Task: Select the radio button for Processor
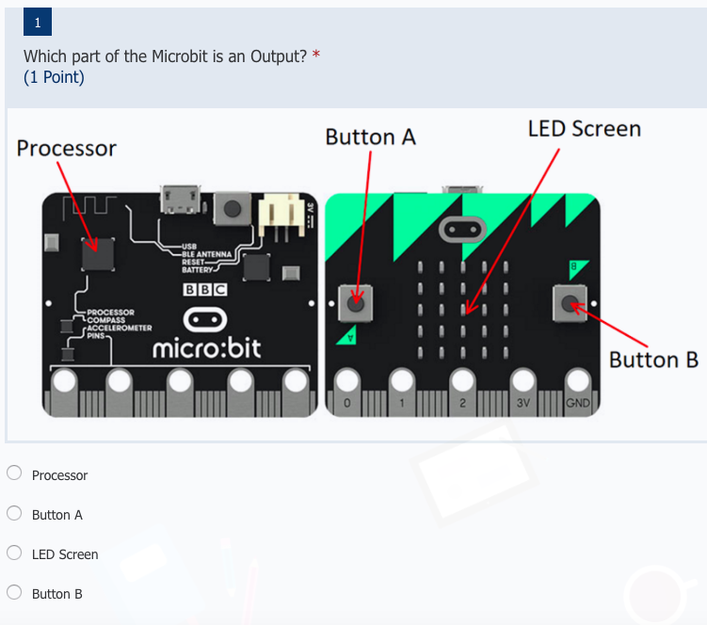15,474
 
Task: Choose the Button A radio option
15,514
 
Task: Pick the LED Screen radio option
15,553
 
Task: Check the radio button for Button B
15,593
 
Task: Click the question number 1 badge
38,22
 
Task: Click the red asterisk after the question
316,56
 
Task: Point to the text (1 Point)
54,77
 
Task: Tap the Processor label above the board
67,149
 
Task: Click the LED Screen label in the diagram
584,129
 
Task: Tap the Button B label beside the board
653,360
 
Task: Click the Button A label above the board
370,137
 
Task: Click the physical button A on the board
356,303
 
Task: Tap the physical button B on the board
571,303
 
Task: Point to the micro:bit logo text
207,350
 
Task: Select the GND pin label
577,404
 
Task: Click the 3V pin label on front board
523,404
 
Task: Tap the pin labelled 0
347,404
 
